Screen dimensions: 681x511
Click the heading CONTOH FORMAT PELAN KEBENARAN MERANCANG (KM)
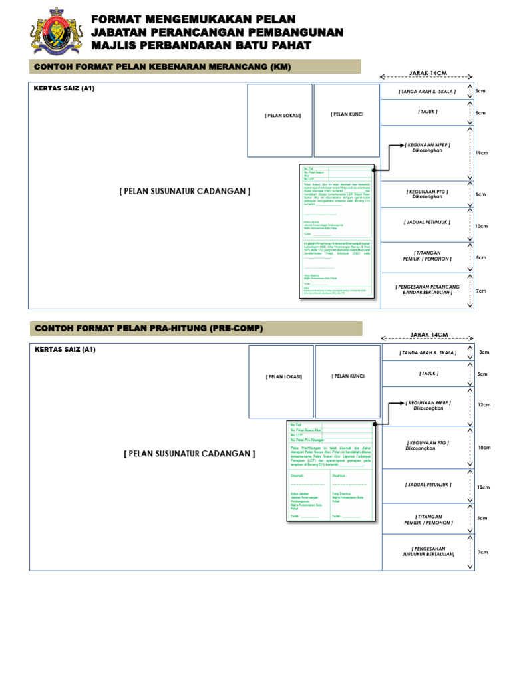(162, 67)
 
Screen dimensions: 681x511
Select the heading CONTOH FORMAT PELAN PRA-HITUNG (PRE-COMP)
(149, 329)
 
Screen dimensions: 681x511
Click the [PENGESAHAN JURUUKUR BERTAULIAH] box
(428, 551)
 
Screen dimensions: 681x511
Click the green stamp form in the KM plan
(336, 231)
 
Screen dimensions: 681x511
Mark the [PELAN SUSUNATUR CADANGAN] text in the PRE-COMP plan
(189, 454)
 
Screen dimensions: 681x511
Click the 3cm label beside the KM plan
(480, 90)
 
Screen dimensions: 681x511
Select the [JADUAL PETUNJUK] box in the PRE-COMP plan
(428, 485)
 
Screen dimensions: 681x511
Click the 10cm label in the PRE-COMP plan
(484, 448)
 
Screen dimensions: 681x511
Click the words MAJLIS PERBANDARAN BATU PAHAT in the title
(201, 45)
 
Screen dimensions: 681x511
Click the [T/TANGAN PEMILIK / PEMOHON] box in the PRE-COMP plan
(428, 519)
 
